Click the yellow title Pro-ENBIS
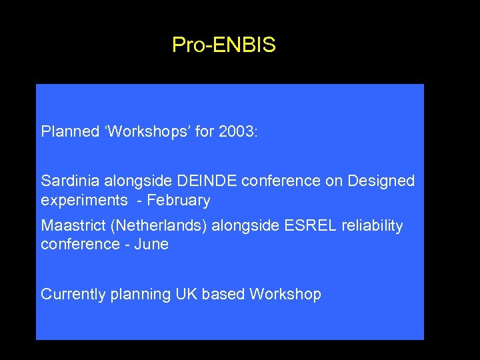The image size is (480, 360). pyautogui.click(x=223, y=45)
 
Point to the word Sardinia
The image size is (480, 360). pyautogui.click(x=67, y=181)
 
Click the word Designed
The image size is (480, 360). pyautogui.click(x=381, y=181)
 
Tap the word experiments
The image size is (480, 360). pyautogui.click(x=84, y=201)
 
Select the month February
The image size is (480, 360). pyautogui.click(x=179, y=201)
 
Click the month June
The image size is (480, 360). pyautogui.click(x=151, y=245)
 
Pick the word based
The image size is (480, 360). pyautogui.click(x=221, y=294)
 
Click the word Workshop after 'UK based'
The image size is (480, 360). pyautogui.click(x=285, y=295)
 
